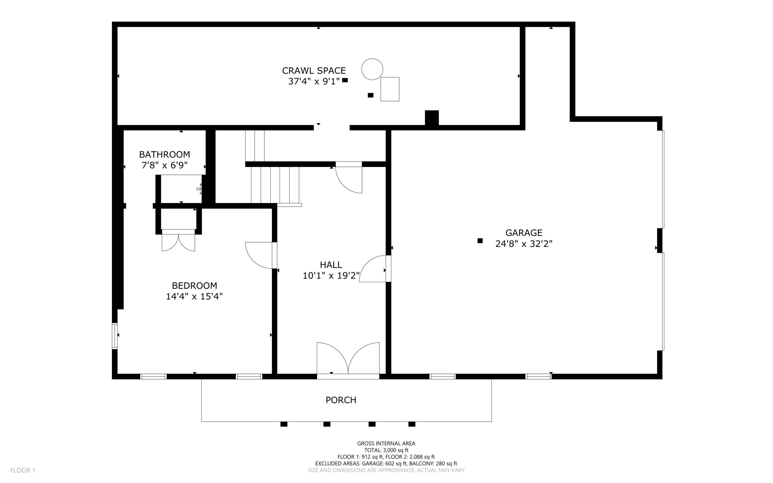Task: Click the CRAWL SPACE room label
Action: (x=314, y=71)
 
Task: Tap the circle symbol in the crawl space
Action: (x=372, y=69)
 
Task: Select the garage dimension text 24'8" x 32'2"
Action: (x=524, y=244)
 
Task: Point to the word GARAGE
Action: (x=524, y=233)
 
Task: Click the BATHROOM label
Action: (x=165, y=155)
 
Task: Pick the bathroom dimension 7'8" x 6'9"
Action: (x=165, y=166)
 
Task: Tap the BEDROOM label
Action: (x=194, y=285)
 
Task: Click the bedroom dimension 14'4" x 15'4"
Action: (x=194, y=296)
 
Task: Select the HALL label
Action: (x=331, y=265)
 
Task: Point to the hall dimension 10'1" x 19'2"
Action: (x=331, y=276)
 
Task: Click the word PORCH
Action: (x=341, y=400)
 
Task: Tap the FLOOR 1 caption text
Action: (x=23, y=470)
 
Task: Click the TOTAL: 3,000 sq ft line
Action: (x=386, y=450)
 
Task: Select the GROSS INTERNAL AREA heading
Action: (x=386, y=443)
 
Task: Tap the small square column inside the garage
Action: (x=480, y=241)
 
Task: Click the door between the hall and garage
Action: (x=374, y=269)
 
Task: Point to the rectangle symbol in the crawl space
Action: (x=390, y=89)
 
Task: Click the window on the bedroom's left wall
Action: (x=115, y=336)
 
